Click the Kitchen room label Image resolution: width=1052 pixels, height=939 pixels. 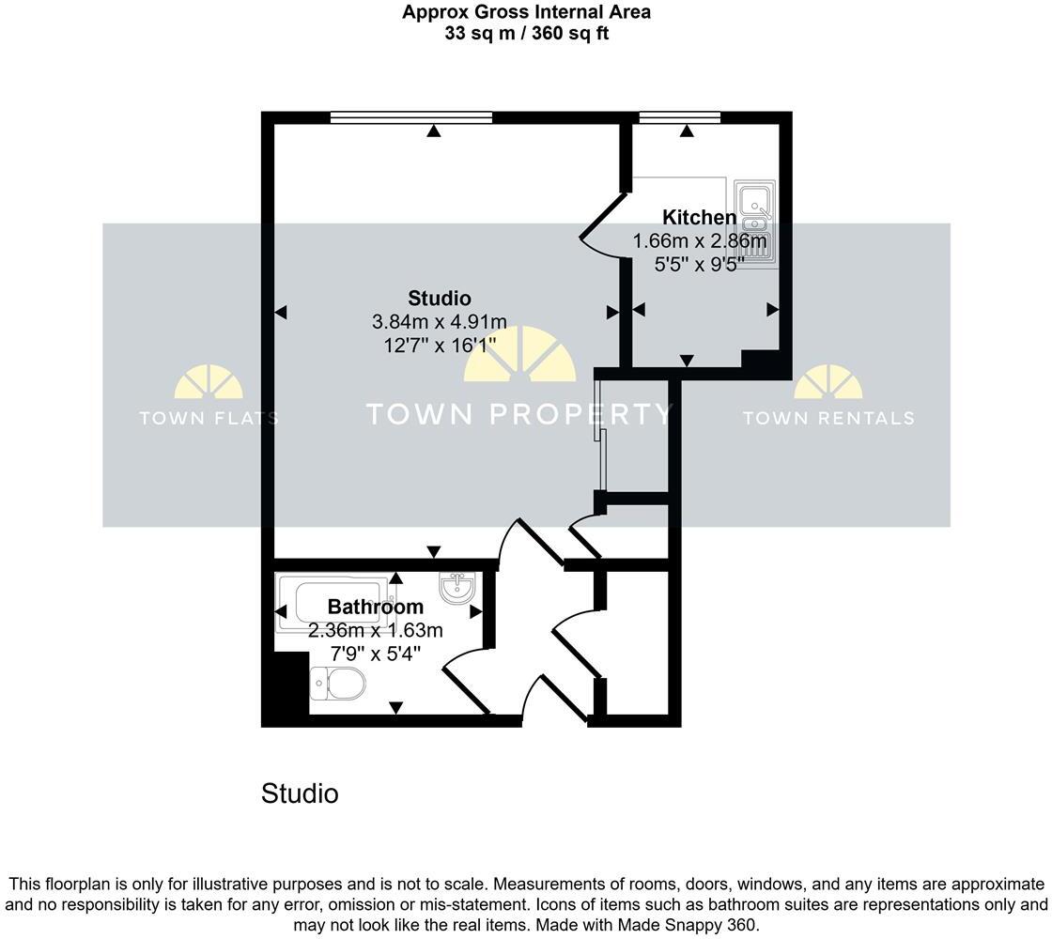[700, 218]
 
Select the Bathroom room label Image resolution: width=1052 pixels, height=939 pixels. [375, 608]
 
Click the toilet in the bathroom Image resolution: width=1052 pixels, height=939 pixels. [338, 685]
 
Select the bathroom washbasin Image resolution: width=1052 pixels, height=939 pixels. [458, 589]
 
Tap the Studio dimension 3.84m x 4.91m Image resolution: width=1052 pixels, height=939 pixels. [440, 321]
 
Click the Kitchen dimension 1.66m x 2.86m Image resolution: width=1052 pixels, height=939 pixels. [700, 241]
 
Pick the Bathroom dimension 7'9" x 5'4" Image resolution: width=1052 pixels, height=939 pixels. [375, 654]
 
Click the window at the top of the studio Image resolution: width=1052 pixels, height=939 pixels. [411, 117]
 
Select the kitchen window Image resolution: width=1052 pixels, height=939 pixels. [679, 117]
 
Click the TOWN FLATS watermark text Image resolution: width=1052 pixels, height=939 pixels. [209, 418]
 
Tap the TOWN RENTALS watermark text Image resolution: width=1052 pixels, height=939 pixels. [828, 418]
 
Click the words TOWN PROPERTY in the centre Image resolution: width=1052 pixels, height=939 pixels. [518, 414]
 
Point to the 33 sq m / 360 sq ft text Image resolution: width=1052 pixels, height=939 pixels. [525, 33]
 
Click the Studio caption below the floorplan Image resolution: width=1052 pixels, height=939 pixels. [300, 793]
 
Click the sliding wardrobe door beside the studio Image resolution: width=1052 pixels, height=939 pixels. [601, 432]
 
